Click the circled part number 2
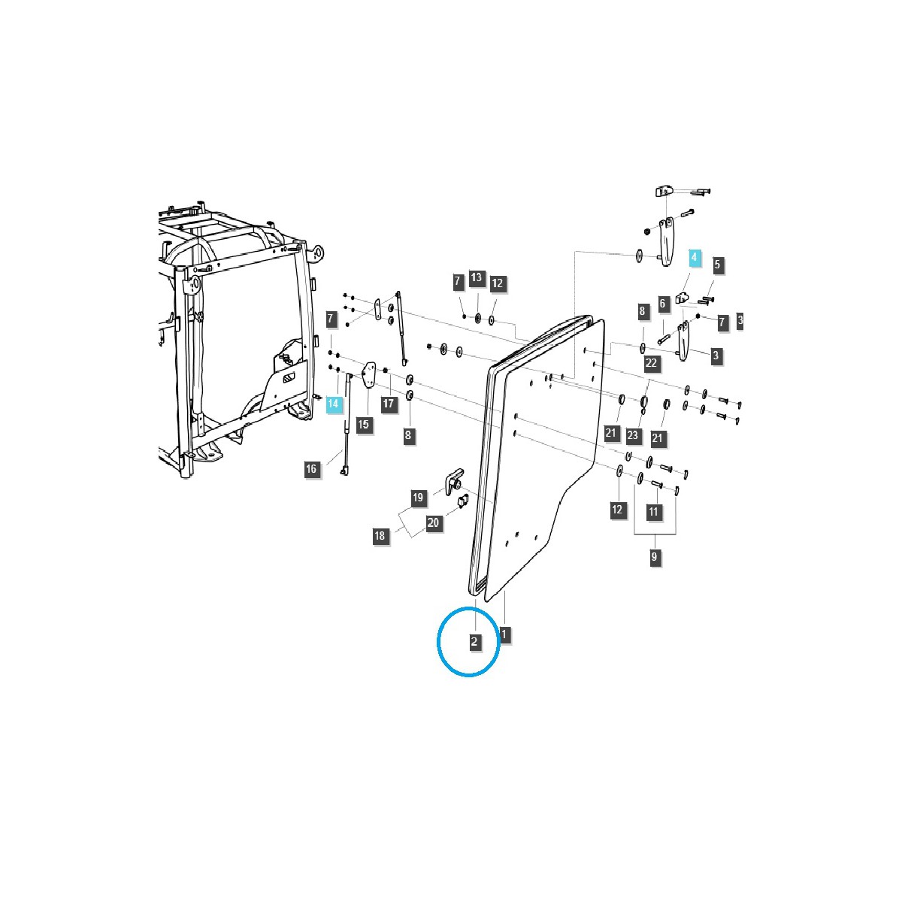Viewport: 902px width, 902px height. (474, 642)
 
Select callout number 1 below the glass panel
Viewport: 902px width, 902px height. (504, 634)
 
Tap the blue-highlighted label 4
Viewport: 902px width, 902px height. (694, 258)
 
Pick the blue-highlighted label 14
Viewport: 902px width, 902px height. (334, 404)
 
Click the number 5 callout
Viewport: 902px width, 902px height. (717, 265)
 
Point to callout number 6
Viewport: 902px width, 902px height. (663, 304)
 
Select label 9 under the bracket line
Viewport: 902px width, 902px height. (654, 557)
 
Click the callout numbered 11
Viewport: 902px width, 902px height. (653, 511)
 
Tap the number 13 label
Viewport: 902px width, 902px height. (477, 277)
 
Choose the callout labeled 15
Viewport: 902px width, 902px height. (364, 425)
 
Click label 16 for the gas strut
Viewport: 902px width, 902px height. (311, 469)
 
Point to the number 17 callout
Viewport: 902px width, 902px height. (389, 404)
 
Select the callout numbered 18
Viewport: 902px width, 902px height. (380, 535)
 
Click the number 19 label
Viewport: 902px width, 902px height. (418, 497)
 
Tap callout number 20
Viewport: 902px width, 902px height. (434, 523)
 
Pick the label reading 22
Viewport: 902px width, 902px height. (651, 363)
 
